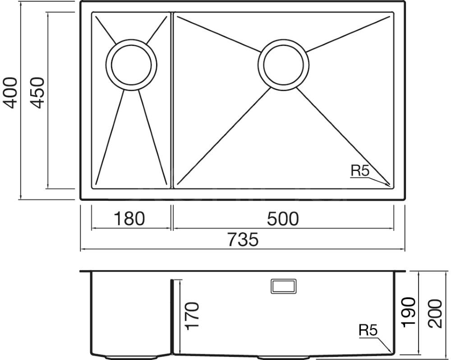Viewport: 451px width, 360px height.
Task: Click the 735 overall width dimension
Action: [243, 240]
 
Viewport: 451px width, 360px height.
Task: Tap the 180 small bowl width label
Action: [129, 218]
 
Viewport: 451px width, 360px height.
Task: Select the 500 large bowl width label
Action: [283, 218]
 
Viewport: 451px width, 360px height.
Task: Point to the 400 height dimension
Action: [10, 92]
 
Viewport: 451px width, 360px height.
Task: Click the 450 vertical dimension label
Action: [37, 92]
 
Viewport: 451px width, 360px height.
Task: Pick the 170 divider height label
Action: [192, 316]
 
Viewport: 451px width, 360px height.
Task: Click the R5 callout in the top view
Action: [359, 171]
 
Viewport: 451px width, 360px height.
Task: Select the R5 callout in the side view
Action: [368, 330]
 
